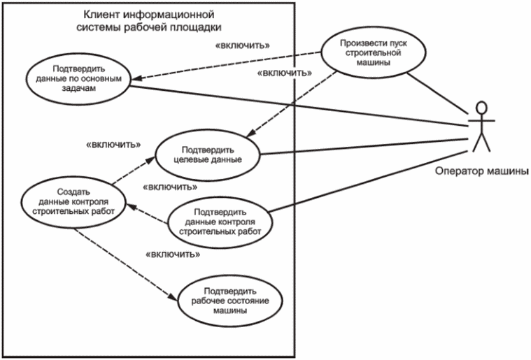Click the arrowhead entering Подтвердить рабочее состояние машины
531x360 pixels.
click(175, 298)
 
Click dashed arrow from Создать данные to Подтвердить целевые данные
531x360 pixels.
click(129, 172)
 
